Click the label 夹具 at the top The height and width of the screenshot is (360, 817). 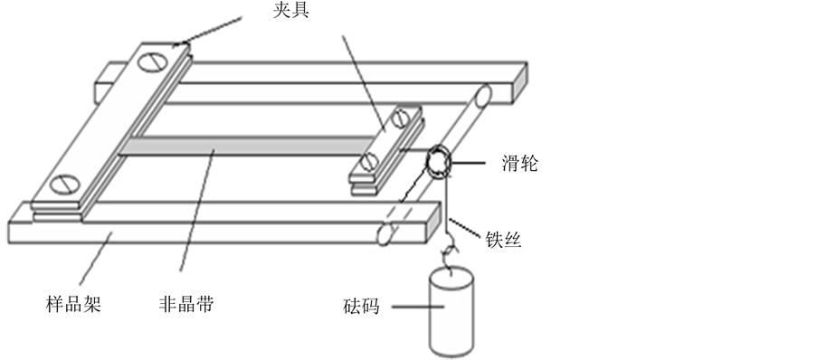tap(290, 11)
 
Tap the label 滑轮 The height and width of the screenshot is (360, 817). tap(520, 164)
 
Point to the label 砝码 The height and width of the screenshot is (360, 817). tap(361, 307)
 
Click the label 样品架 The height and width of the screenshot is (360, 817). tap(73, 303)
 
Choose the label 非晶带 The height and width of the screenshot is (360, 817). tap(186, 303)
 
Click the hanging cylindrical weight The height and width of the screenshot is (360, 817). tap(451, 311)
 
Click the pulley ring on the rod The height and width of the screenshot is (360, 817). tap(437, 162)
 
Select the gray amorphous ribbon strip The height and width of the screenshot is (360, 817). tap(248, 146)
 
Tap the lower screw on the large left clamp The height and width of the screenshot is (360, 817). tap(66, 184)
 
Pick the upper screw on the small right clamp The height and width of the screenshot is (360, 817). tap(401, 118)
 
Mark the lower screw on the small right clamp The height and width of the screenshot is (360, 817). tap(369, 162)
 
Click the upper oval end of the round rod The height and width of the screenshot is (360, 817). tap(482, 97)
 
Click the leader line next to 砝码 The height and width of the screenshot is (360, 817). tap(417, 307)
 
